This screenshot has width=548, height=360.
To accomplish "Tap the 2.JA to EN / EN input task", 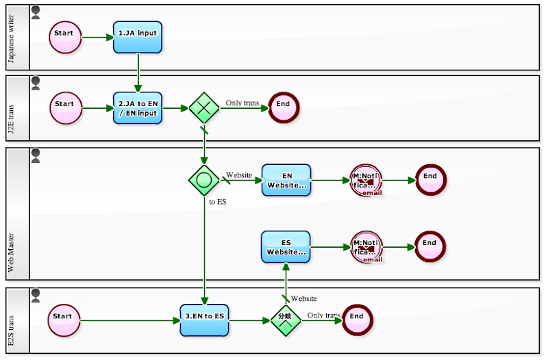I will [x=138, y=108].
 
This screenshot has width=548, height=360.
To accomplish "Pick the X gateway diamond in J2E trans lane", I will [x=203, y=108].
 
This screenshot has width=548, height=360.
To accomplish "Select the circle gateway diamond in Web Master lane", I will [x=203, y=180].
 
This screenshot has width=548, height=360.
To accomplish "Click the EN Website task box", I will [x=286, y=180].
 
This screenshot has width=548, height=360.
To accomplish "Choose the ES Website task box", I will [x=286, y=247].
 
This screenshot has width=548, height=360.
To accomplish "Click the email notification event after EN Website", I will [x=366, y=181].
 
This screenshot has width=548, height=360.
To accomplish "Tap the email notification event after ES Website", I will [x=366, y=247].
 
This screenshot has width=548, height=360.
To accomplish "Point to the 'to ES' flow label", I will [x=217, y=202].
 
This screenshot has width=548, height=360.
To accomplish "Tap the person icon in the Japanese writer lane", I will [x=36, y=12].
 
